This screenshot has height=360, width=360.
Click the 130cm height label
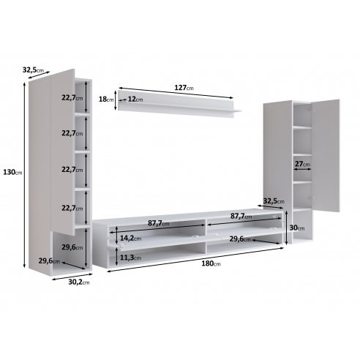[12, 173]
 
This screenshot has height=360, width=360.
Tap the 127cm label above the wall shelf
[184, 88]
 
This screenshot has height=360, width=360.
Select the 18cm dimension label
[106, 100]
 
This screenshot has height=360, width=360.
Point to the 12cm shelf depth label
[135, 100]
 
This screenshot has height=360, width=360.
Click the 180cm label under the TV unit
[211, 263]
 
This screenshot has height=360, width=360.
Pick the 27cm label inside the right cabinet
[302, 164]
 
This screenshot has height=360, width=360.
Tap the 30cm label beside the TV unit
[297, 228]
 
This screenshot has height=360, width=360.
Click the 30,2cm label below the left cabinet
[79, 282]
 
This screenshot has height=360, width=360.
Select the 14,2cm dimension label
[130, 238]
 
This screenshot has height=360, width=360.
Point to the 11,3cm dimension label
[130, 258]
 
